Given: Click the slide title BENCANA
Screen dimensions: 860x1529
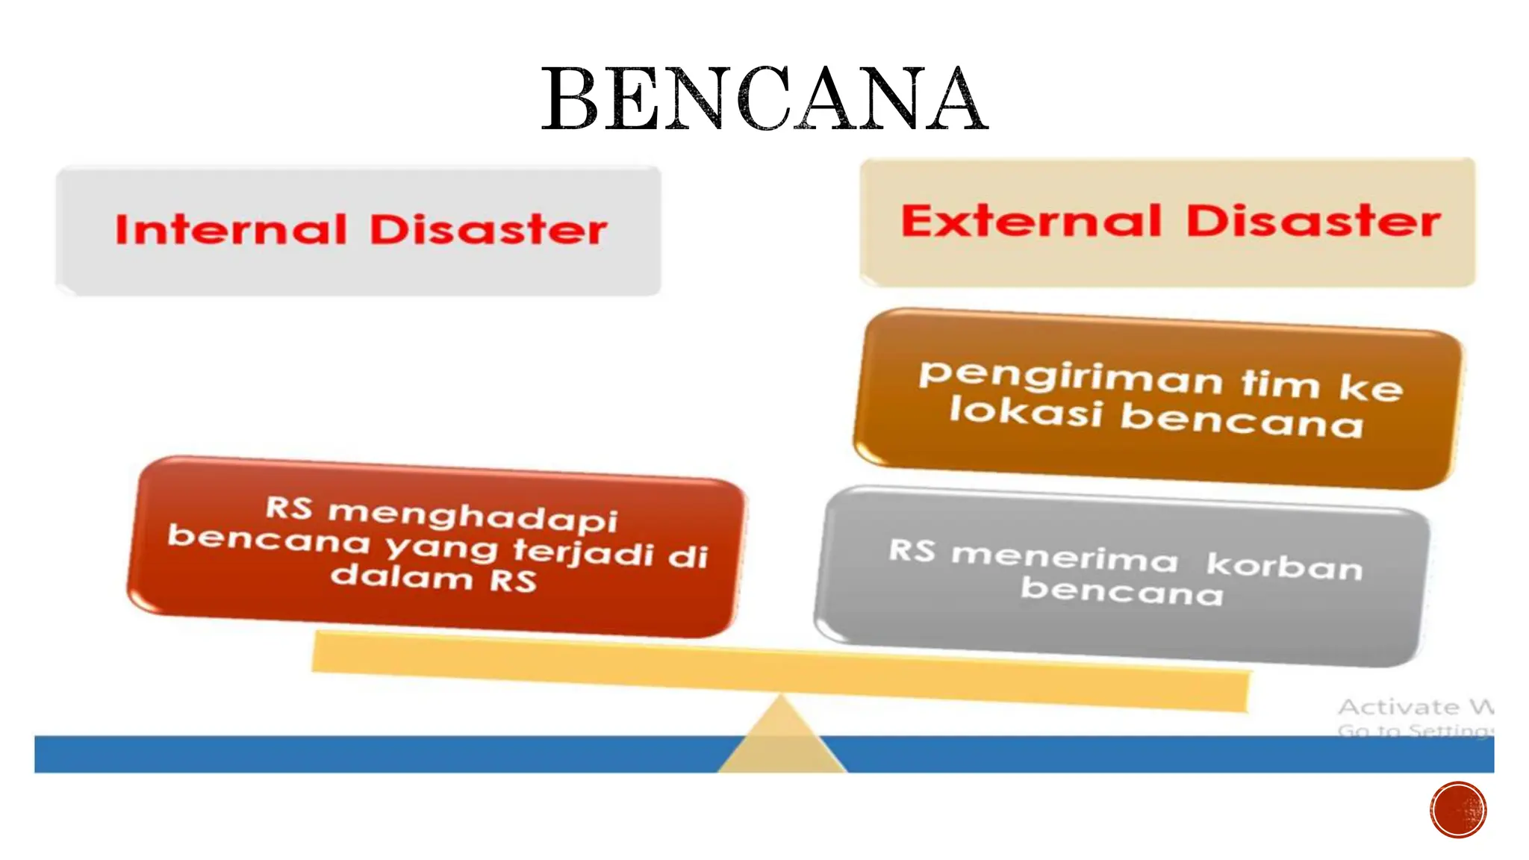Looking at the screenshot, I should click(764, 99).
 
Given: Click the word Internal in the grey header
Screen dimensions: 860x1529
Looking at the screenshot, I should click(231, 229).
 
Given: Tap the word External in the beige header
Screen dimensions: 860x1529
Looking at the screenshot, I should click(1031, 221).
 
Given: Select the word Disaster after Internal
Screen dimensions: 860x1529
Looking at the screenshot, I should click(488, 229).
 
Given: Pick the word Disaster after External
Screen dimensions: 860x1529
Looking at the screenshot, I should click(1313, 222).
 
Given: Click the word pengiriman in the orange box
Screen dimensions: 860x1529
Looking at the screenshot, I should click(1070, 377).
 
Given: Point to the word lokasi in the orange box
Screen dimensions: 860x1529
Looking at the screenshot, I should click(1026, 411).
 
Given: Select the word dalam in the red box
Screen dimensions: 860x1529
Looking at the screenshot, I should click(402, 576).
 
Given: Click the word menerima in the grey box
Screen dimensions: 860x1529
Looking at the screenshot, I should click(1065, 558).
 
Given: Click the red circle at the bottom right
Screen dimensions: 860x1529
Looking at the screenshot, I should click(1458, 810).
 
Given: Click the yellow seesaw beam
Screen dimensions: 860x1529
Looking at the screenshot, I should click(779, 669).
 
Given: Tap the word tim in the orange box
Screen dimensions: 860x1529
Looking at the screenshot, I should click(1280, 384).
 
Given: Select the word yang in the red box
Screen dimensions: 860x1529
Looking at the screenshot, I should click(441, 547).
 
